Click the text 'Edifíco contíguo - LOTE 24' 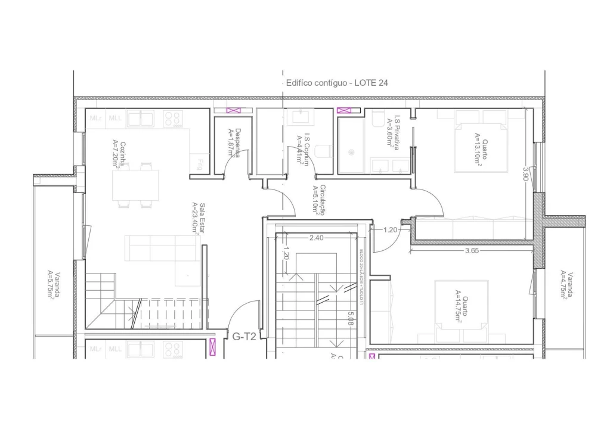click(x=337, y=83)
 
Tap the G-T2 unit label click(x=244, y=337)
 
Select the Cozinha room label click(x=119, y=154)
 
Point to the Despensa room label click(x=234, y=143)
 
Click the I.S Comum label click(x=303, y=148)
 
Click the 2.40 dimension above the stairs click(x=317, y=238)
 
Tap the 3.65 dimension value click(x=472, y=251)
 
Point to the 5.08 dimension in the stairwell click(x=352, y=319)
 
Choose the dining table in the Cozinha click(x=136, y=185)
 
